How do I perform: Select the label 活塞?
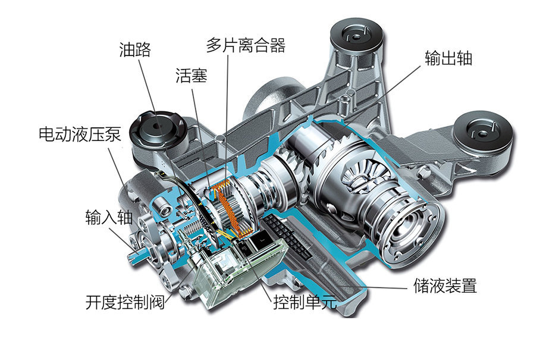click(x=191, y=76)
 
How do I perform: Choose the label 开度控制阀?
click(x=124, y=302)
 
